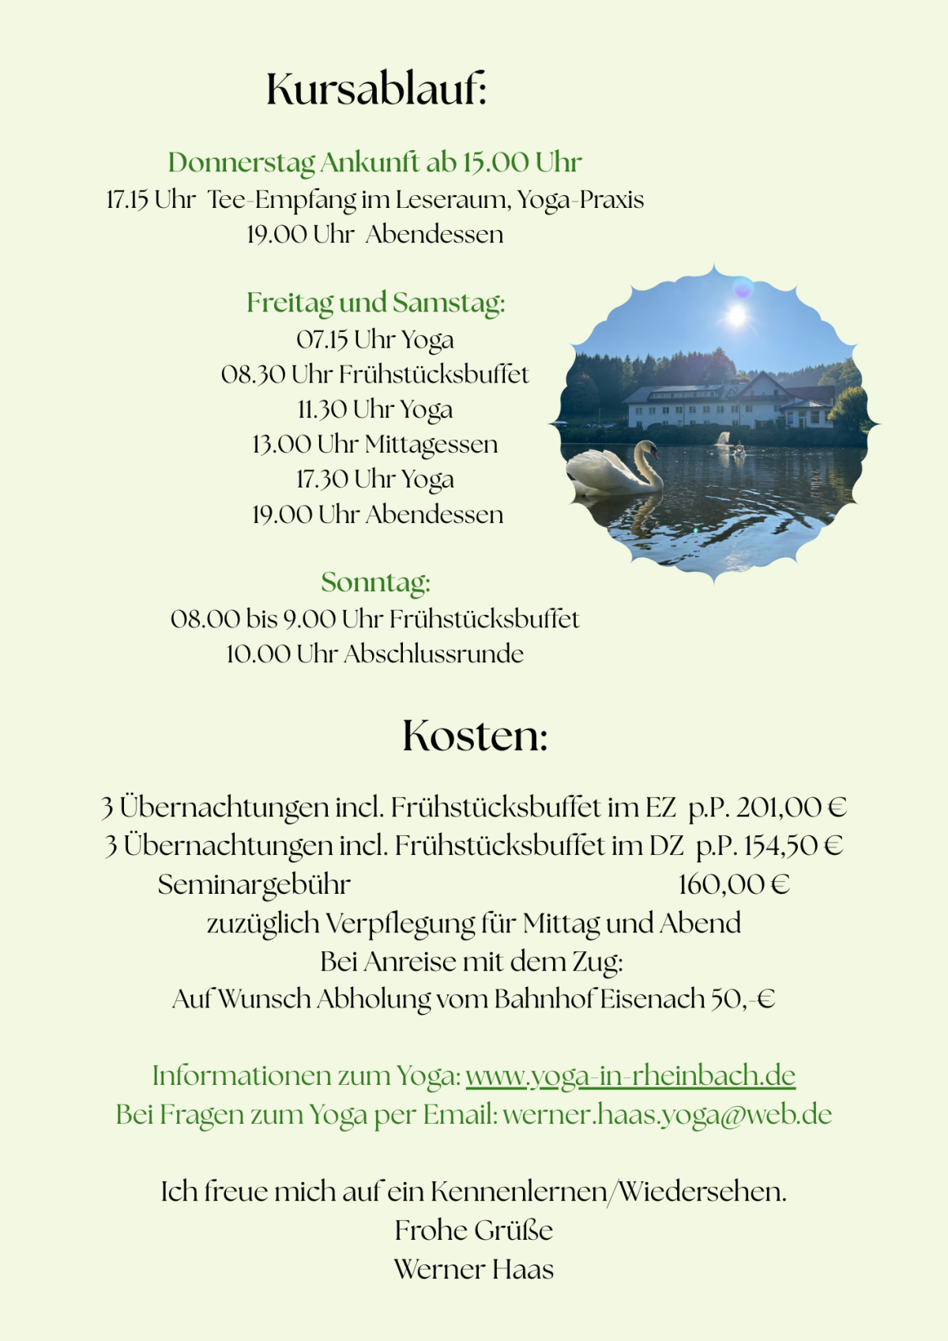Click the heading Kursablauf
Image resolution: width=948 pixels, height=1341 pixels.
click(376, 89)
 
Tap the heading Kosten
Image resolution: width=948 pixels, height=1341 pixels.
click(475, 736)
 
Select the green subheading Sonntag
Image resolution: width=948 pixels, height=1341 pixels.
click(375, 582)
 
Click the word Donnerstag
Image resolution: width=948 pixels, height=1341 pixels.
click(241, 163)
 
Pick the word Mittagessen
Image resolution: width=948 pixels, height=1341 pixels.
click(431, 445)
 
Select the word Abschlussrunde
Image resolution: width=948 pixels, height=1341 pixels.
click(433, 654)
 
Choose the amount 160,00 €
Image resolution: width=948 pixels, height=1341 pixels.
click(734, 884)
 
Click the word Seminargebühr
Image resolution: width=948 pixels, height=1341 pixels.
click(254, 884)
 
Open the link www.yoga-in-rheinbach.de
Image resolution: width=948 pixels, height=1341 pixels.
click(630, 1076)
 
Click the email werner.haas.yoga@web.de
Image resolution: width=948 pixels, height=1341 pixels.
click(667, 1115)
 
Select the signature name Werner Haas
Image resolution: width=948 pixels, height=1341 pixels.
click(474, 1269)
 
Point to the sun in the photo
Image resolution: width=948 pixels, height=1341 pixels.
click(735, 315)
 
